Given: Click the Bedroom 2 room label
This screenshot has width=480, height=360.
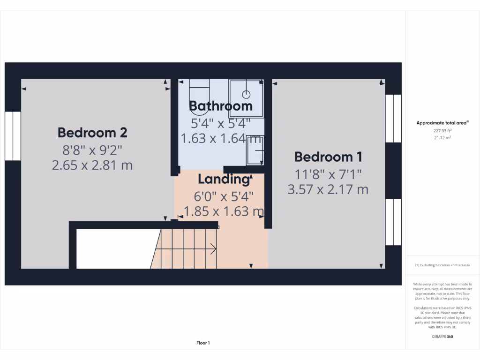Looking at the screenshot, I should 92,133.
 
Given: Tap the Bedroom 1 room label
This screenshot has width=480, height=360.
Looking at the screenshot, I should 328,157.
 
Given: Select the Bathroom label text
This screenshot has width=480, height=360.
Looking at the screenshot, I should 220,106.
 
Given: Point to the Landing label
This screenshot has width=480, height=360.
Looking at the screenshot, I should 223,179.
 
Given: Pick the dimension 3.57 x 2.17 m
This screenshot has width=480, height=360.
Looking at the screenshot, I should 328,189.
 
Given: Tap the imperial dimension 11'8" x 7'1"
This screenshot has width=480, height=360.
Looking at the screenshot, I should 328,174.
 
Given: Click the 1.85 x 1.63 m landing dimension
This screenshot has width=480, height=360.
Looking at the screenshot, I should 224,211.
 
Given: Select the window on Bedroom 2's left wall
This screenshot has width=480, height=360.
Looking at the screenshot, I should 13,136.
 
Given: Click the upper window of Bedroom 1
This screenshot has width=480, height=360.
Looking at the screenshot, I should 393,118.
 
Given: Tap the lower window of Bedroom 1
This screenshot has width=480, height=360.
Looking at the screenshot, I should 393,222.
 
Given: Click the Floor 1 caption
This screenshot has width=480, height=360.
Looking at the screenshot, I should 203,343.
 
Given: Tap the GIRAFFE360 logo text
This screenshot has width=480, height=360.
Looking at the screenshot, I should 442,337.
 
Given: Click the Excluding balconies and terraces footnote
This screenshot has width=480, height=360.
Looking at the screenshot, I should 442,265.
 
